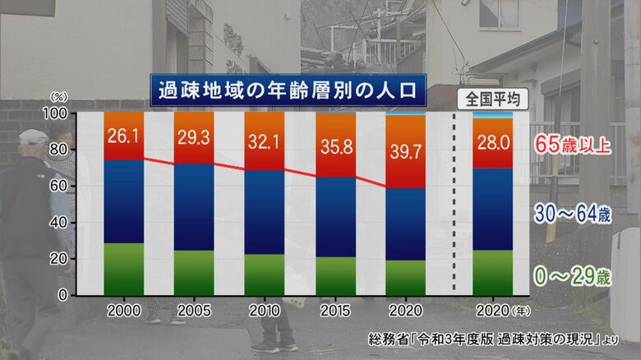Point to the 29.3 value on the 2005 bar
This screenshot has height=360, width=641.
coord(194,136)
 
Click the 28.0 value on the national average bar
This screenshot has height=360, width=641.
coord(493,138)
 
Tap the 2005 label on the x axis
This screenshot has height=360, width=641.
coord(194,312)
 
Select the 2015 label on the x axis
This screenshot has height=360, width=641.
coord(335,312)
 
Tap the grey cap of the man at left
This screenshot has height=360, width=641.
coord(33,136)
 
